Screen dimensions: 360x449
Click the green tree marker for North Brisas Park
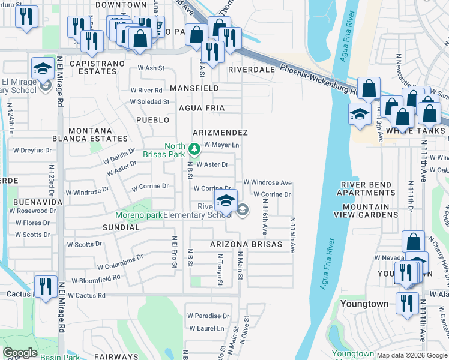coord(194,148)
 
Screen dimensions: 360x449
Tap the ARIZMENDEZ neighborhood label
coord(220,132)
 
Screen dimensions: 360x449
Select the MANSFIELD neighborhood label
coord(194,88)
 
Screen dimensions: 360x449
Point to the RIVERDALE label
coord(251,70)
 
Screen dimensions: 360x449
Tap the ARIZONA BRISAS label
coord(246,245)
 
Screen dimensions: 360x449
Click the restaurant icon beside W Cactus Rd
coord(46,286)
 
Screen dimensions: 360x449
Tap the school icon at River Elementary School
coord(226,200)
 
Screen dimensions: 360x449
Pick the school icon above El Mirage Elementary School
coord(43,68)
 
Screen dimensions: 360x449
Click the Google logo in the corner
coord(20,353)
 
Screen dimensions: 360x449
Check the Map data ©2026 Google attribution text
coord(411,355)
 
